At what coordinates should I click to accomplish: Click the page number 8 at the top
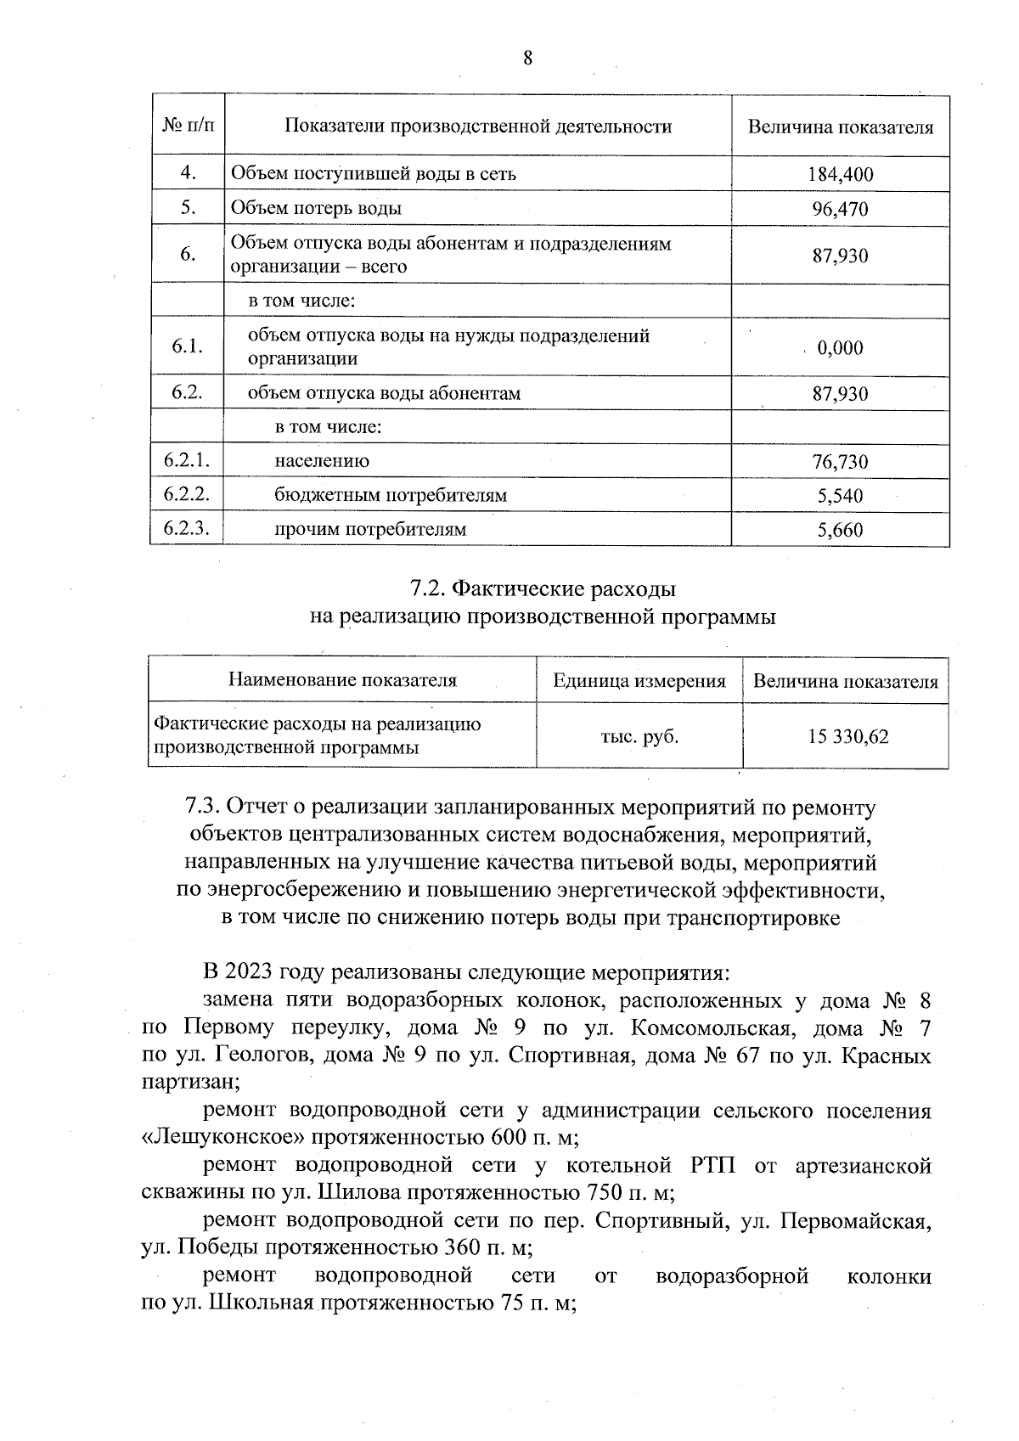[x=527, y=58]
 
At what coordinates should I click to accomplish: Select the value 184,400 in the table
[x=840, y=175]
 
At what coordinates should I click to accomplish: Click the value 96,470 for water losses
[x=840, y=209]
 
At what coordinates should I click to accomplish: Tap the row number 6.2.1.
[x=187, y=461]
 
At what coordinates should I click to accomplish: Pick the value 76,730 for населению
[x=840, y=462]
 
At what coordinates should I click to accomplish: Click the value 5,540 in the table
[x=840, y=496]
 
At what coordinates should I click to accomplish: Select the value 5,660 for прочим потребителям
[x=840, y=531]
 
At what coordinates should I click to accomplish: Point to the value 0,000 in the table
[x=840, y=348]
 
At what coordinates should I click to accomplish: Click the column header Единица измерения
[x=639, y=681]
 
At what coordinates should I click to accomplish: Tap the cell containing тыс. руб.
[x=639, y=736]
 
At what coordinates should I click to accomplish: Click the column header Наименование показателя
[x=342, y=680]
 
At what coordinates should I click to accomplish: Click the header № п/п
[x=188, y=127]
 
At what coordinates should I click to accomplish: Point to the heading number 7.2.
[x=427, y=588]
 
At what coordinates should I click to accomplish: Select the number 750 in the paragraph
[x=605, y=1192]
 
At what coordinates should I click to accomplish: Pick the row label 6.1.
[x=187, y=346]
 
